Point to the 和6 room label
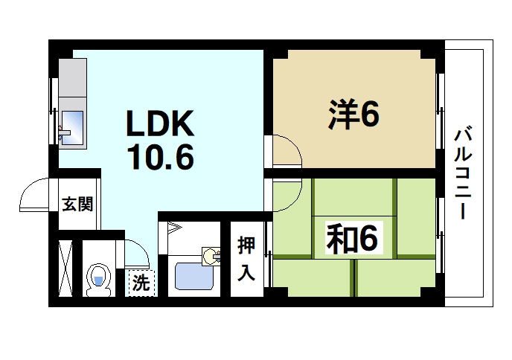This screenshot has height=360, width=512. (x=353, y=240)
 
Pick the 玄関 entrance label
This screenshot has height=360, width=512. (x=77, y=204)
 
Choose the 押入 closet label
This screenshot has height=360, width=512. (x=246, y=258)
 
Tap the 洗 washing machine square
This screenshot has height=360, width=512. (x=140, y=283)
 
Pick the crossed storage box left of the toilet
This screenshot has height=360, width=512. (x=65, y=269)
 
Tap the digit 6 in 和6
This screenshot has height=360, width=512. (x=369, y=240)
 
